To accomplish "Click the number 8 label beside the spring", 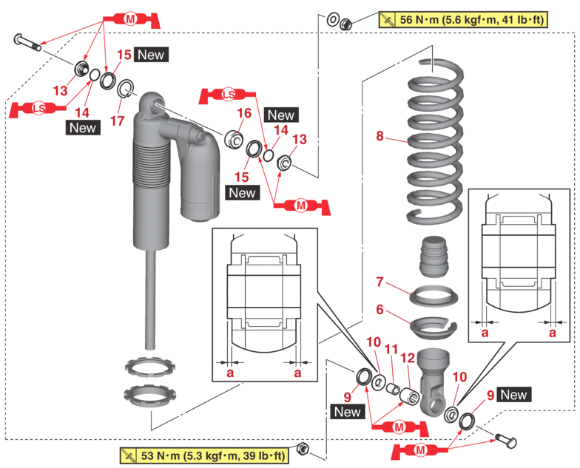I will (380, 136).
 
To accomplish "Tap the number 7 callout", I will (380, 282).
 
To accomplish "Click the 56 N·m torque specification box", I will (462, 20).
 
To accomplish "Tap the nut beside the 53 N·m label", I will (302, 448).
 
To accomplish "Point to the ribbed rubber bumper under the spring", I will (435, 256).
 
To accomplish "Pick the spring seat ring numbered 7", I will (434, 295).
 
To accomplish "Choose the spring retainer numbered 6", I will (434, 323).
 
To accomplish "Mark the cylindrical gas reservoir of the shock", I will (200, 185).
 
